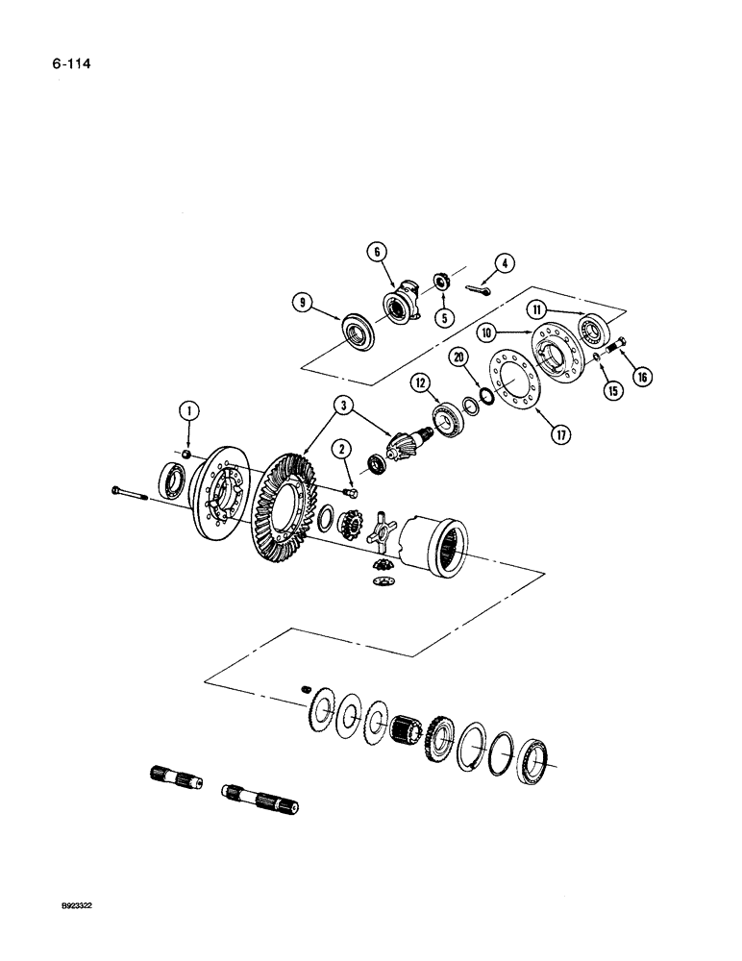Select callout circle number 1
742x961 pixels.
click(x=189, y=412)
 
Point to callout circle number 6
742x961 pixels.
click(x=377, y=252)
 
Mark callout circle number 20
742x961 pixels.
click(x=459, y=357)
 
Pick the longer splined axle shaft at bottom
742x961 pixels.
click(x=260, y=794)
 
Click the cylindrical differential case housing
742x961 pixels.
click(x=437, y=545)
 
